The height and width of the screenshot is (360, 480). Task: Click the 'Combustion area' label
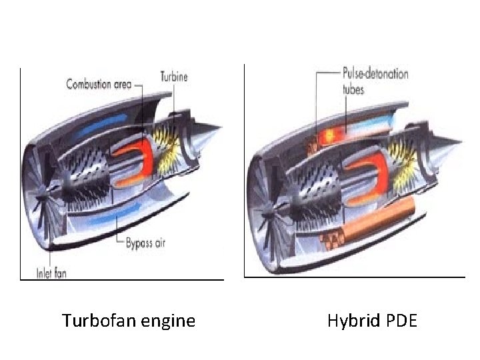(x=99, y=84)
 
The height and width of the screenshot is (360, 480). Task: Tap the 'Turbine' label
(x=174, y=76)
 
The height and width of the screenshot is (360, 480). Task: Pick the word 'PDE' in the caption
(x=401, y=321)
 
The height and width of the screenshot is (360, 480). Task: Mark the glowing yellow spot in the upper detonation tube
(x=329, y=136)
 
